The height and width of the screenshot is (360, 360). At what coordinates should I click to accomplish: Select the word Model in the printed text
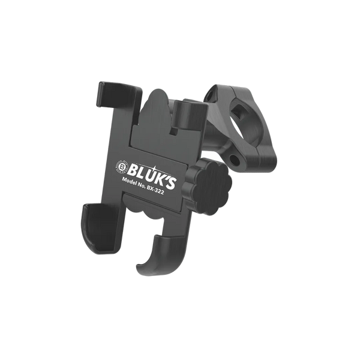130,181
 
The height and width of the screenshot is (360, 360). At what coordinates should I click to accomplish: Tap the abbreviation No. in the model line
141,185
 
